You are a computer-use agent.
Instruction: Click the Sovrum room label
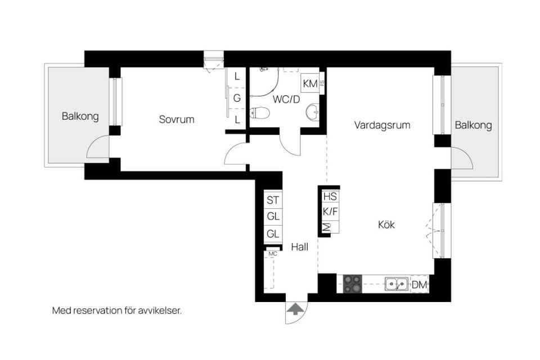[176, 120]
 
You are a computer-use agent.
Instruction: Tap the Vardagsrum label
[382, 125]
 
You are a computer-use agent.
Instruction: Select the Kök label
[386, 224]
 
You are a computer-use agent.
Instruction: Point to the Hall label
[300, 247]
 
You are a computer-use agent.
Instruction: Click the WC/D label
[286, 100]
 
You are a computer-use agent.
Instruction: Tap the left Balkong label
[80, 116]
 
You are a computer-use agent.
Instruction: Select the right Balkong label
[473, 125]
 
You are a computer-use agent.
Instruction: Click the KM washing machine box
[310, 83]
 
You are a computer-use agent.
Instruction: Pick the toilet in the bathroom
[259, 112]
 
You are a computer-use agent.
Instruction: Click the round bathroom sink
[313, 112]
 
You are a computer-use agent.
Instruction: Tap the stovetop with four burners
[353, 284]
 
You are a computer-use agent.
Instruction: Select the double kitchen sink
[397, 284]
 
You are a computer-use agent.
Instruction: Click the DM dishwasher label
[420, 285]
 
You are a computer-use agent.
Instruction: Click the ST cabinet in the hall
[273, 200]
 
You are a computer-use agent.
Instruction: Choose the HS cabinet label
[330, 197]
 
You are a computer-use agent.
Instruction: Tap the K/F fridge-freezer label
[330, 211]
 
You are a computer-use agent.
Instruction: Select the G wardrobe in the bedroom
[237, 98]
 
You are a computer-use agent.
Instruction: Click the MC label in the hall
[273, 254]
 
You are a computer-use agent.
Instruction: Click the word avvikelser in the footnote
[160, 310]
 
